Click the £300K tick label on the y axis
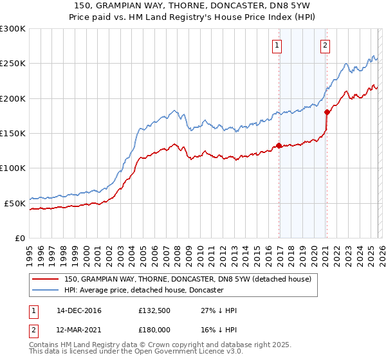coord(13,29)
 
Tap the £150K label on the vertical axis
coord(13,134)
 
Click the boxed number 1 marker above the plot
coord(277,45)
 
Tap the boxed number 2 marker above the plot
coord(326,45)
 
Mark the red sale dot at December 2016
coord(279,145)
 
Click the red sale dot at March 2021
coord(327,113)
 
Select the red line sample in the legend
coord(45,279)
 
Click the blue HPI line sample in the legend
coord(45,291)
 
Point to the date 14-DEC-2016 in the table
coord(78,310)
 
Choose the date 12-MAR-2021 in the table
coord(78,330)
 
